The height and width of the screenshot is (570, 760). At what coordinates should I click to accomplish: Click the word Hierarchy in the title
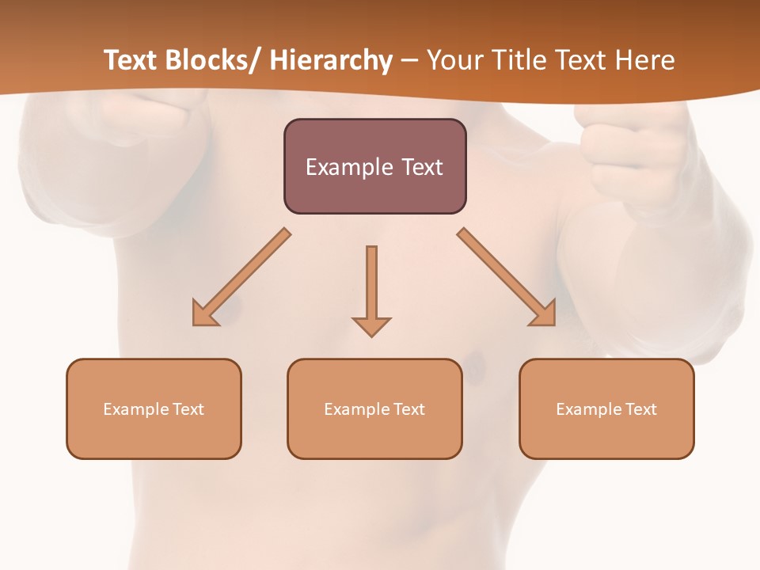point(331,60)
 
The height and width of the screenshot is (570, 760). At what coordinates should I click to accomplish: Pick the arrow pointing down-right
point(507,277)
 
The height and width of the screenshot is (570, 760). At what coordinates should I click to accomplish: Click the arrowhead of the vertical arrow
point(371,325)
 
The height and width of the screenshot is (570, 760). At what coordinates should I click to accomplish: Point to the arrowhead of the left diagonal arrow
point(203,315)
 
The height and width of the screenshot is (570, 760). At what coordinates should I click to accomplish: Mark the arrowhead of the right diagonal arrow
point(544,314)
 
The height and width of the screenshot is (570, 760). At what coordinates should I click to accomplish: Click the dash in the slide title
point(409,61)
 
